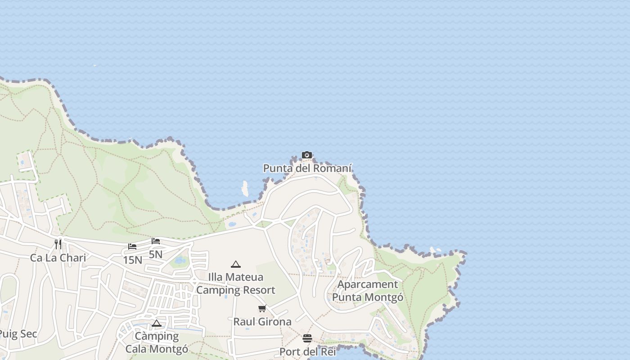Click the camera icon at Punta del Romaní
coord(307,155)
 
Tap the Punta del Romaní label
coord(307,168)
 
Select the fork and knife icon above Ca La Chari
coord(58,244)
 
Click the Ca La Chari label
coord(58,258)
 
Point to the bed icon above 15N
coord(132,247)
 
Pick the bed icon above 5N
coord(156,241)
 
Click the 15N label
coord(132,260)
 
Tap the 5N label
coord(156,255)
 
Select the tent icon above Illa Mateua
coord(236,264)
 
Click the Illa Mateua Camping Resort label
coord(236,283)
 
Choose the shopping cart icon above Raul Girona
coord(262,308)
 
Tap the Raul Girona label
coord(262,322)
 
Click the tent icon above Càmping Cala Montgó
coord(157,323)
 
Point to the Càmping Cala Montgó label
coord(157,342)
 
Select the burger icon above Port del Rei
coord(307,338)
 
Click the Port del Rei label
coord(308,351)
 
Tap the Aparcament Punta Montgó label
coord(368,291)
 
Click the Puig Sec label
coord(18,334)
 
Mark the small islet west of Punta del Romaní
coord(245,189)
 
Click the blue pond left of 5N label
coord(180,261)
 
